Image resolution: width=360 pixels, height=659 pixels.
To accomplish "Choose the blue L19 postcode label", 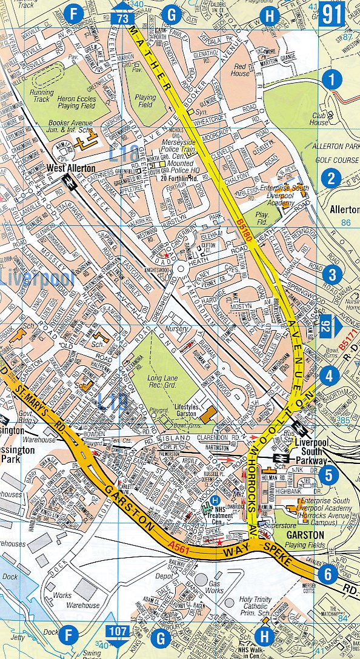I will [x=113, y=401].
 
